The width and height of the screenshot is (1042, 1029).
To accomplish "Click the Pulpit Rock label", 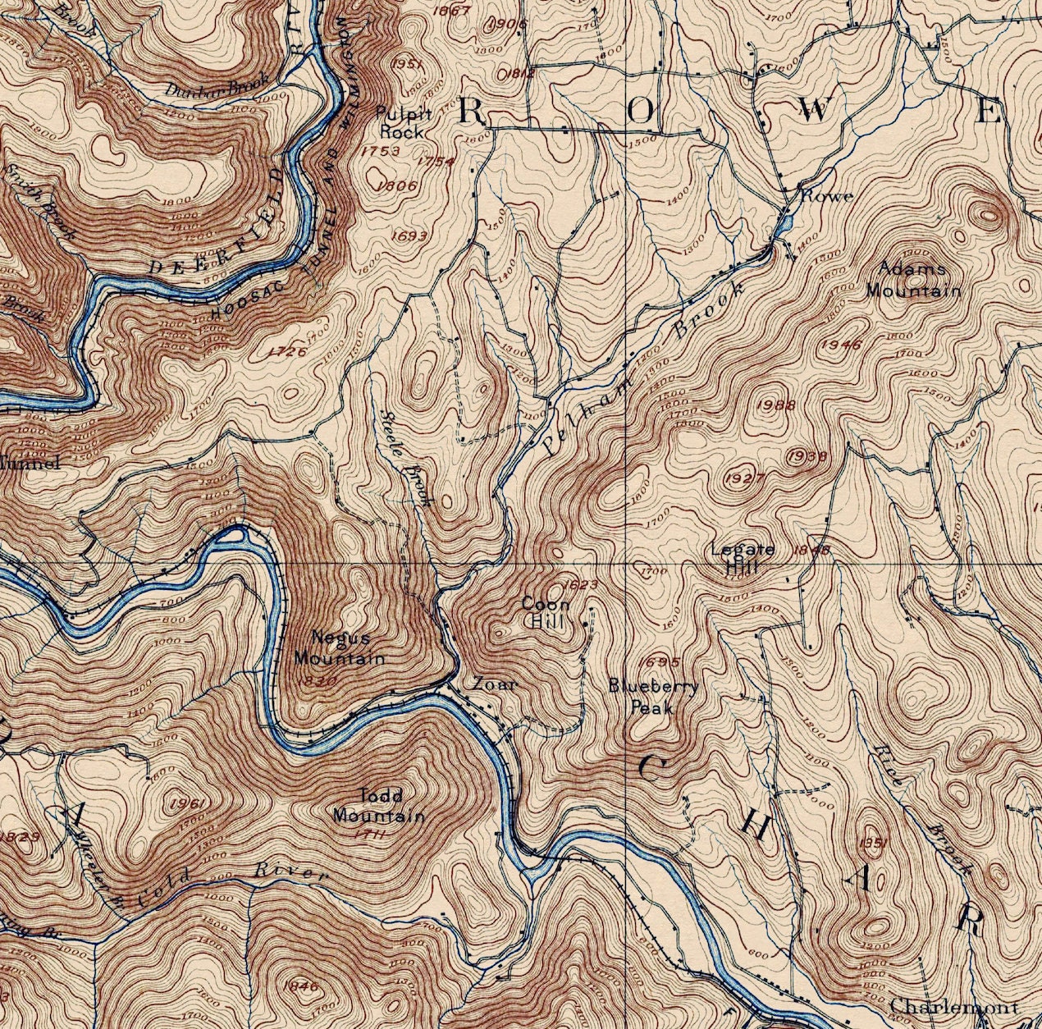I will click(400, 122).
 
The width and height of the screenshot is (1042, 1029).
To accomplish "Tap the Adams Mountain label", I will click(912, 279).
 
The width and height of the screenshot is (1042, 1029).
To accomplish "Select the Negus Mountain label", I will click(339, 647).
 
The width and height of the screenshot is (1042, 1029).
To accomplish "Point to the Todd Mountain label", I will click(379, 805).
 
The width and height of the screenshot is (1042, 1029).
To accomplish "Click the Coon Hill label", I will click(546, 612).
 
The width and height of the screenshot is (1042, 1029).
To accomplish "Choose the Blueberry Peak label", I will click(653, 696).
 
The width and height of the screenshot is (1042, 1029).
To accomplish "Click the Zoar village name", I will click(494, 684).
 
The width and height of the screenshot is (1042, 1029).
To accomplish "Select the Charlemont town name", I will click(953, 1005).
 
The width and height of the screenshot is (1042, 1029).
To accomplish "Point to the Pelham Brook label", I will click(644, 368).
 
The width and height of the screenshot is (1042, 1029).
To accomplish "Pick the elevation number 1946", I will click(840, 345).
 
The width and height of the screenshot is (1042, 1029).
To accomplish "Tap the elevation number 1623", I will click(580, 584).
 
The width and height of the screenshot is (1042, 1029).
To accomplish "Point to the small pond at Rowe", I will click(785, 222).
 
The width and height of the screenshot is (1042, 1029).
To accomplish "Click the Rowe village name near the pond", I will click(826, 196).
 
